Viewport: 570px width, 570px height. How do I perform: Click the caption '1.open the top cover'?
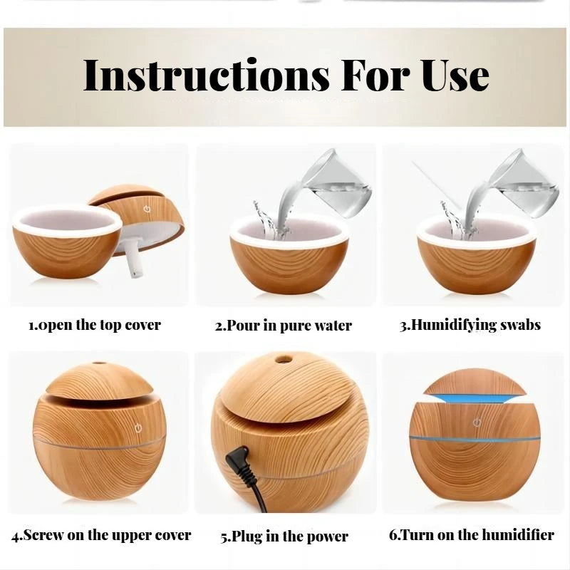pyautogui.click(x=95, y=325)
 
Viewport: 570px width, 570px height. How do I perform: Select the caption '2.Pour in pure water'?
pyautogui.click(x=284, y=326)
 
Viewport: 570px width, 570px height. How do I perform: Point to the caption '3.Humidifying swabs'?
pyautogui.click(x=470, y=325)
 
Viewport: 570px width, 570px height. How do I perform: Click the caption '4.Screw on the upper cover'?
pyautogui.click(x=101, y=534)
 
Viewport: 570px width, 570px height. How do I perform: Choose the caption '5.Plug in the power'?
pyautogui.click(x=284, y=536)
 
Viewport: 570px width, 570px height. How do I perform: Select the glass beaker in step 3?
pyautogui.click(x=524, y=184)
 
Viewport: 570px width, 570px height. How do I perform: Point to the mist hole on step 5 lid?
pyautogui.click(x=284, y=359)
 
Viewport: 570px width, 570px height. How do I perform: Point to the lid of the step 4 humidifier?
pyautogui.click(x=99, y=382)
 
